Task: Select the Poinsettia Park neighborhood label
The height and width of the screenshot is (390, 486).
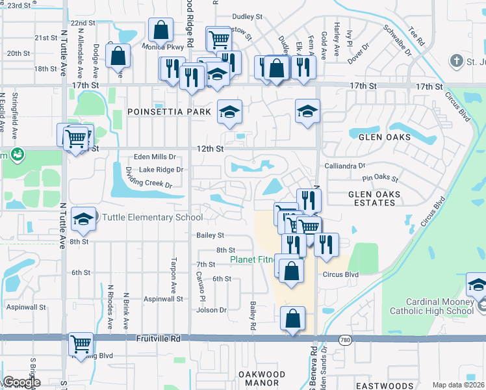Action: pyautogui.click(x=170, y=112)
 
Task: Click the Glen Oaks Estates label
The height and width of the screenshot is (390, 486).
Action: pyautogui.click(x=372, y=198)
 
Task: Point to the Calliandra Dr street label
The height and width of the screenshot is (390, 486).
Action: pyautogui.click(x=345, y=166)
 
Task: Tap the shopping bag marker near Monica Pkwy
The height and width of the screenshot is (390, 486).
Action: pyautogui.click(x=160, y=30)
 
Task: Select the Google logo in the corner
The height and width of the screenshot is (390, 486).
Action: pyautogui.click(x=21, y=383)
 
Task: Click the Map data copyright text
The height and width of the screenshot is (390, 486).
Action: pyautogui.click(x=458, y=385)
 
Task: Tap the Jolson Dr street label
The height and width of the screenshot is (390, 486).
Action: pyautogui.click(x=211, y=310)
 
